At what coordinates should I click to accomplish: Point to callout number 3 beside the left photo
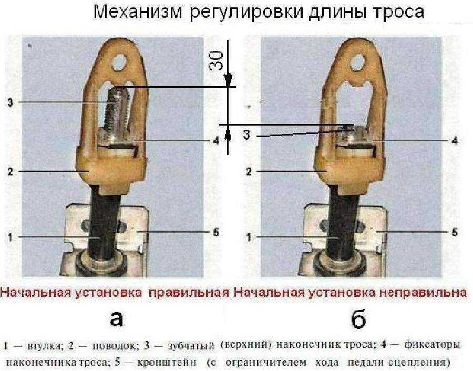click(x=10, y=101)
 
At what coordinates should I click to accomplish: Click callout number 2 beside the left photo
click(x=10, y=171)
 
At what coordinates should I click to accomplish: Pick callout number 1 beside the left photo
click(x=10, y=236)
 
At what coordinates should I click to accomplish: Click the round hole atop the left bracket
click(x=121, y=63)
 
